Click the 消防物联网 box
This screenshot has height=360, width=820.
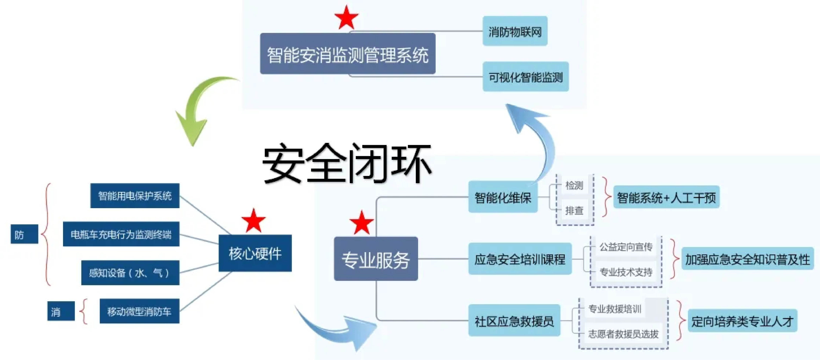tap(515, 31)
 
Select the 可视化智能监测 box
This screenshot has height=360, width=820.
tap(525, 77)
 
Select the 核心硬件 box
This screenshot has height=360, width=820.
tap(255, 253)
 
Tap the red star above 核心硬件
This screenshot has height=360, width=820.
tap(253, 221)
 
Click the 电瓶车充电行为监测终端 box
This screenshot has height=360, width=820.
tap(121, 234)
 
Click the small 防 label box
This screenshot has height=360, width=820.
tap(24, 234)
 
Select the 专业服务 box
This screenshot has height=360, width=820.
tap(376, 259)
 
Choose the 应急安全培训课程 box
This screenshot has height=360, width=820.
tap(520, 259)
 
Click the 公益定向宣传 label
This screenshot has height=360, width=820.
tap(626, 247)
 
